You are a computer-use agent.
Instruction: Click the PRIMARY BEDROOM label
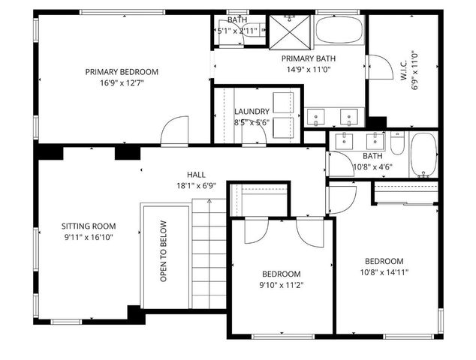122,72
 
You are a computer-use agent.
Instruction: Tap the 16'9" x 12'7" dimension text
122,83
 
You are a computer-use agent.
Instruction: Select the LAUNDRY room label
252,112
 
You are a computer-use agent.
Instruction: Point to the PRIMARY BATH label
309,58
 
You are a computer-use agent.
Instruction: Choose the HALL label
197,174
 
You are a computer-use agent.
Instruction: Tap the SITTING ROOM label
89,225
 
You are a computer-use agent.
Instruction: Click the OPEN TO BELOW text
163,251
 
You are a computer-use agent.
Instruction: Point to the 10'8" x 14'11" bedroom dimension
384,272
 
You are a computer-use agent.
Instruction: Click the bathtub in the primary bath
339,30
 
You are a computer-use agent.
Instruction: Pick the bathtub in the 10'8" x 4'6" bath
423,155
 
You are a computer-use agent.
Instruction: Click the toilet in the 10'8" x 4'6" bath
397,142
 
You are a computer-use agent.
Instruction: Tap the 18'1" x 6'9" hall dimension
196,185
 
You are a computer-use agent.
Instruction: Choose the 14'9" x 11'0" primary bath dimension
309,70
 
